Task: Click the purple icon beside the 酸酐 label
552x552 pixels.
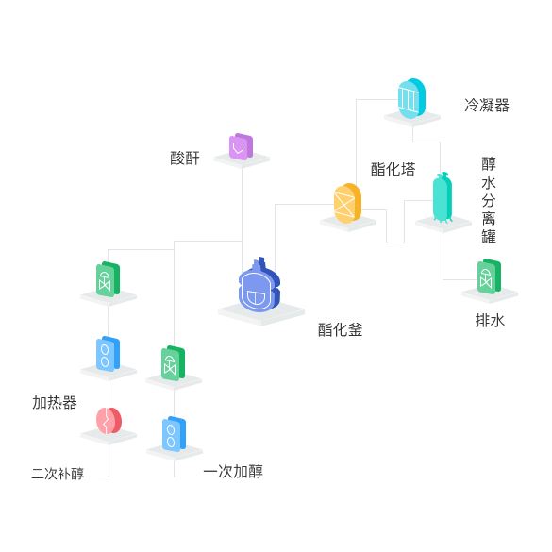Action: (x=242, y=146)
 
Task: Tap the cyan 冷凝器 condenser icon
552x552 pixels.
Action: (x=411, y=98)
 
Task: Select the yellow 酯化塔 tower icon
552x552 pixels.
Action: (x=347, y=203)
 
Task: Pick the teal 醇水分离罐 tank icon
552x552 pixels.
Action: (x=443, y=197)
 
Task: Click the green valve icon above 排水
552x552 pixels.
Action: (x=489, y=276)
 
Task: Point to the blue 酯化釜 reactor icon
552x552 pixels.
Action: (x=259, y=285)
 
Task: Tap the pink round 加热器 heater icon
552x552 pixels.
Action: (x=109, y=421)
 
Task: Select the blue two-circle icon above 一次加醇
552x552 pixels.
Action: (x=174, y=434)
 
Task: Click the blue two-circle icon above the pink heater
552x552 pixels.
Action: (x=108, y=354)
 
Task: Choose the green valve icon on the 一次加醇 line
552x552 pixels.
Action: (x=173, y=363)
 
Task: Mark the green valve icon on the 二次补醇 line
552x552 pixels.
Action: (x=108, y=279)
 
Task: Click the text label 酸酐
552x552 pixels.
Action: (x=185, y=159)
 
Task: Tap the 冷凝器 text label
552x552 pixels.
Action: (x=487, y=106)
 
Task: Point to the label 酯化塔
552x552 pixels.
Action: (x=393, y=169)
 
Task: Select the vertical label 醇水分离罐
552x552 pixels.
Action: (x=489, y=200)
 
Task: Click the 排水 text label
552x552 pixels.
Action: (x=490, y=321)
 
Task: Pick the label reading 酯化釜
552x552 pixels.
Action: (x=340, y=330)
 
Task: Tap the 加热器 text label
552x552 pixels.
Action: (x=55, y=402)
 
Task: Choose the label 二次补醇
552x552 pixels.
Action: (x=58, y=474)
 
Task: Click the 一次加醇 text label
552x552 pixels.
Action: (x=233, y=472)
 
